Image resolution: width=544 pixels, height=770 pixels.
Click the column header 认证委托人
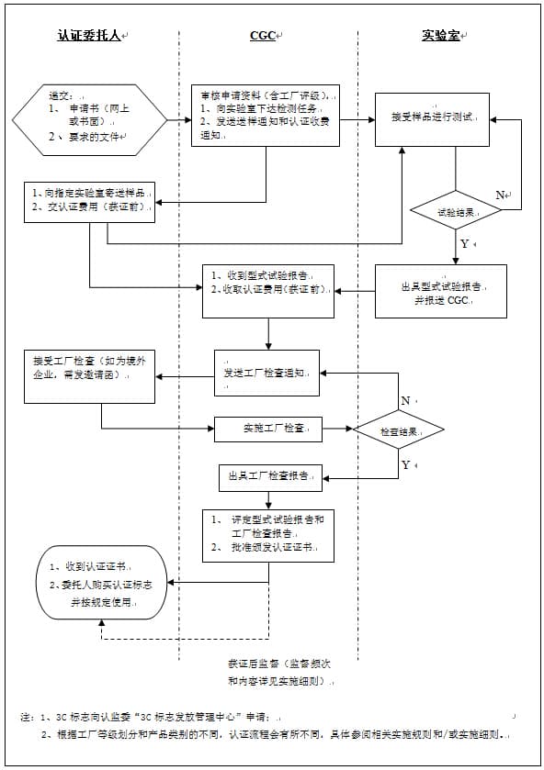[x=89, y=35]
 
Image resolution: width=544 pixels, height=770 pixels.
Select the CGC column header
[x=265, y=35]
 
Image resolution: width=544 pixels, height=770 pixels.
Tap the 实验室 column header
[x=442, y=35]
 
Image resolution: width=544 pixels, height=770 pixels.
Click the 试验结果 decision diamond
[x=455, y=209]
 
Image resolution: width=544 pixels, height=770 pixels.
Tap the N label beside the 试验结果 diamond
[x=501, y=195]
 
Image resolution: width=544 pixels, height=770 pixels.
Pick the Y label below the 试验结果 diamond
[x=465, y=244]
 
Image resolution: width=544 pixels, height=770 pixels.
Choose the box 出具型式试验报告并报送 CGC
[x=440, y=292]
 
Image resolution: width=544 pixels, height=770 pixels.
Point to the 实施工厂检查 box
[x=267, y=429]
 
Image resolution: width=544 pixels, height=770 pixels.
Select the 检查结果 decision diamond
[x=398, y=430]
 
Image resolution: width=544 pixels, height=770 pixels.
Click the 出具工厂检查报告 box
[x=269, y=476]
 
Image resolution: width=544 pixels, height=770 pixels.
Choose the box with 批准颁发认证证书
[x=267, y=534]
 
